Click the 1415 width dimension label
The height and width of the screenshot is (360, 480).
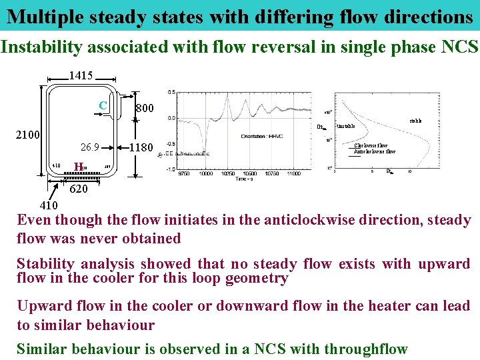coord(81,76)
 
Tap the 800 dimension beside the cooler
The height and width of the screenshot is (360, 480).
coord(144,108)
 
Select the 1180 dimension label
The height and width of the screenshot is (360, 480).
coord(141,147)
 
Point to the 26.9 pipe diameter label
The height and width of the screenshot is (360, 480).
coord(89,147)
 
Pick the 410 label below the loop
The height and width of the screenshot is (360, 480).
coord(49,205)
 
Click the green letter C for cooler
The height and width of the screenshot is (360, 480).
coord(103,105)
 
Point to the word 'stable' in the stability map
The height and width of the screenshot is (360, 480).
coord(415,121)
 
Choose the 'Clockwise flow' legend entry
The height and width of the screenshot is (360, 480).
coord(371,145)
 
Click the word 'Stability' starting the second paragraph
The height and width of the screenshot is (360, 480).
coord(47,264)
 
